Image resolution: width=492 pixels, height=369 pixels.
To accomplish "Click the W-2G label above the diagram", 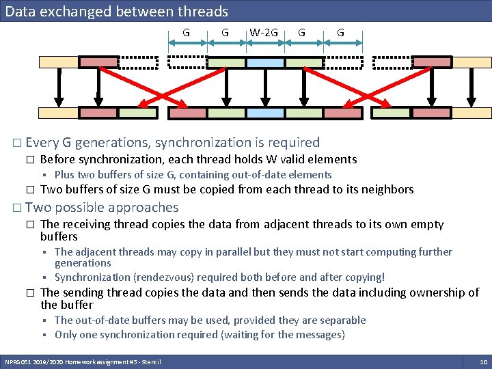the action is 264,33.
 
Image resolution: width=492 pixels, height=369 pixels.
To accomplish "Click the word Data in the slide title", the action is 20,11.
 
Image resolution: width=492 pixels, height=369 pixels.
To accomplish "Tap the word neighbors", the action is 389,189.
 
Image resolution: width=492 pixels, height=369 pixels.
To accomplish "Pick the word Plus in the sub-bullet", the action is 64,175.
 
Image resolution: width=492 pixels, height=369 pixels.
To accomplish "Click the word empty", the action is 427,224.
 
